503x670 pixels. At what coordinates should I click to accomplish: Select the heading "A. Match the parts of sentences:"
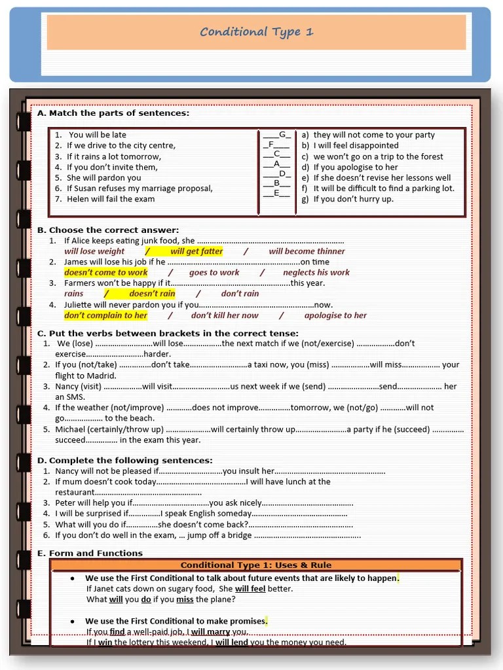[x=113, y=113]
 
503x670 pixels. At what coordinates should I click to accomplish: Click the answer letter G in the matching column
[x=283, y=135]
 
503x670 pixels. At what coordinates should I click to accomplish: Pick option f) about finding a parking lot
[x=378, y=188]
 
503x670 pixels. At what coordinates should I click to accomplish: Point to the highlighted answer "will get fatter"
[x=196, y=251]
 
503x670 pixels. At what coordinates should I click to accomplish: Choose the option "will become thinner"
[x=307, y=251]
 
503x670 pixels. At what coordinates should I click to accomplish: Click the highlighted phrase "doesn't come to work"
[x=106, y=272]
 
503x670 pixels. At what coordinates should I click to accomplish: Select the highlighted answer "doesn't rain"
[x=152, y=294]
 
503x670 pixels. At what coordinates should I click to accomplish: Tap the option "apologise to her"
[x=335, y=315]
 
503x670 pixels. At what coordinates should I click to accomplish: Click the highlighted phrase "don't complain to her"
[x=106, y=315]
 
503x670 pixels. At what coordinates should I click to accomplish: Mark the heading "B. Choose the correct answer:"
[x=108, y=230]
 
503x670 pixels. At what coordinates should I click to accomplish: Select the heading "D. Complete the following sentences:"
[x=124, y=461]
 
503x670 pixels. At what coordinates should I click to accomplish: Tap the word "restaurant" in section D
[x=75, y=492]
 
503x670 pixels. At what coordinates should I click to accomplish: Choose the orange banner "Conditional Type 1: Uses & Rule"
[x=256, y=565]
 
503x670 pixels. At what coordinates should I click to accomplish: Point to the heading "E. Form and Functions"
[x=90, y=554]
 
